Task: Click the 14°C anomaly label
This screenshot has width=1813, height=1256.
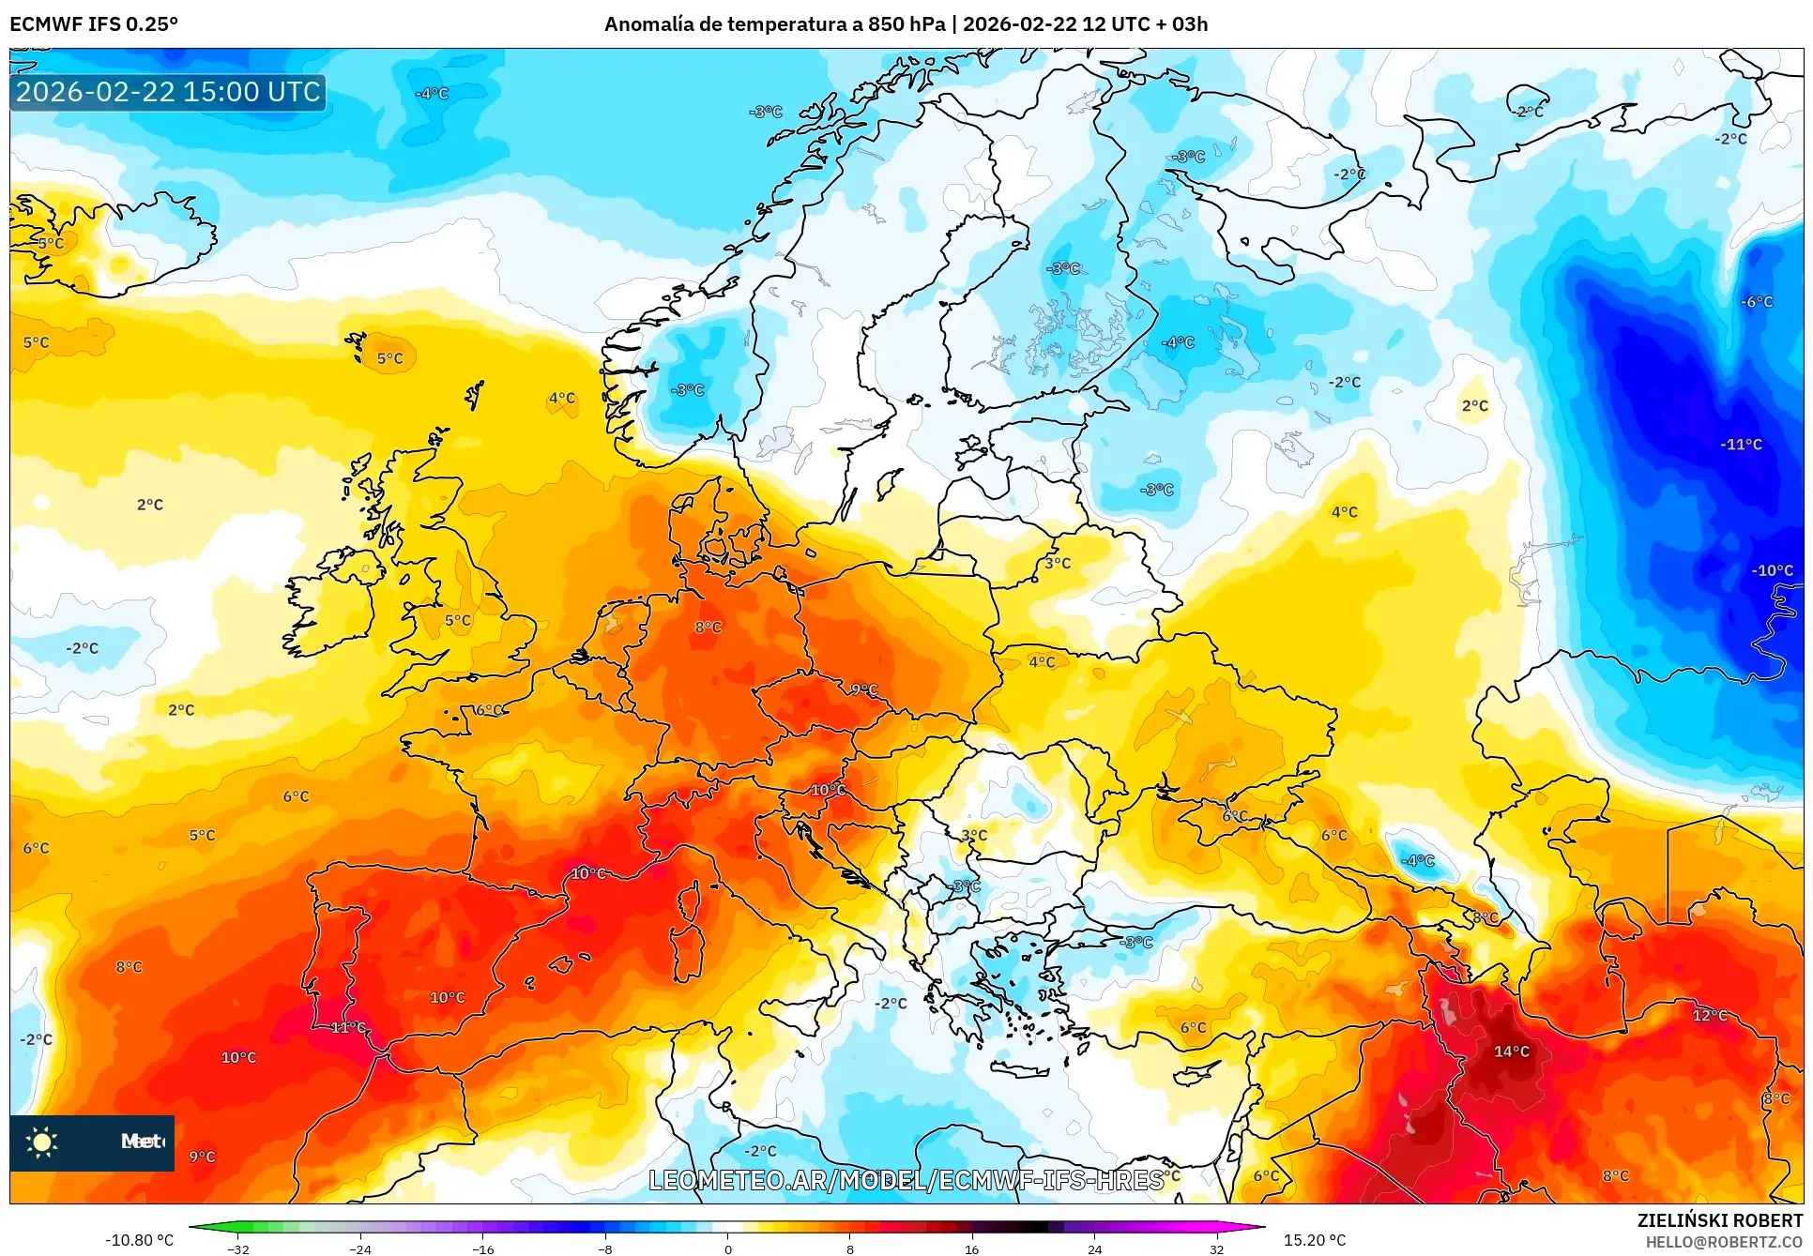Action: [1511, 1052]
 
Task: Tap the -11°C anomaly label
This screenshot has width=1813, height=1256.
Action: [1741, 445]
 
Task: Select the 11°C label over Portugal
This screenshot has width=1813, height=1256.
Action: [348, 1028]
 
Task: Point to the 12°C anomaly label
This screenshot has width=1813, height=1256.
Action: [1709, 1016]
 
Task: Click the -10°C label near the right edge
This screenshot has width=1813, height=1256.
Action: [1772, 570]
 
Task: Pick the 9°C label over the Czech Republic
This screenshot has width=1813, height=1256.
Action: [864, 690]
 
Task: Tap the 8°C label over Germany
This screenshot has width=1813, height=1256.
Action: [708, 628]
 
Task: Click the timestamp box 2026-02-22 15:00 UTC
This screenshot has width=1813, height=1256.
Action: [168, 92]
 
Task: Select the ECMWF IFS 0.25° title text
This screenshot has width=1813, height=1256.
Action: [94, 24]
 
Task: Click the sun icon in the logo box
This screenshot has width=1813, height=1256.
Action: [42, 1142]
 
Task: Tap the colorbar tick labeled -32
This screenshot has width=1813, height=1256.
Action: [238, 1248]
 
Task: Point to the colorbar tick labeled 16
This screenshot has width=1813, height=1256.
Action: [971, 1248]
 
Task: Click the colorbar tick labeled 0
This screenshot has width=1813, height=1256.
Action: [727, 1248]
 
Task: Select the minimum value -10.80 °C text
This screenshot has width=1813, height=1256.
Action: [139, 1240]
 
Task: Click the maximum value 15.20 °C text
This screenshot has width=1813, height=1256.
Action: [1314, 1240]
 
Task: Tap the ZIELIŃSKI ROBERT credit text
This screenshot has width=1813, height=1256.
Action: [1719, 1220]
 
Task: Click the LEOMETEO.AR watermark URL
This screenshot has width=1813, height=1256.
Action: [906, 1180]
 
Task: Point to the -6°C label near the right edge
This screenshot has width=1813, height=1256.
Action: [1757, 302]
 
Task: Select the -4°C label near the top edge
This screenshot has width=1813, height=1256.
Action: [432, 94]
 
